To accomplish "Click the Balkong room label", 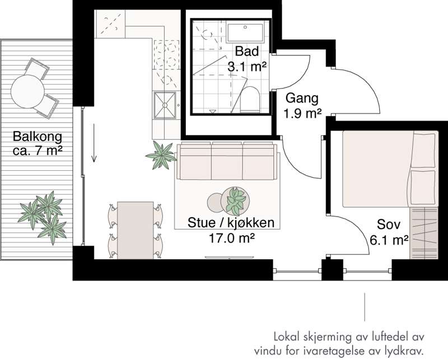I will click(37, 137).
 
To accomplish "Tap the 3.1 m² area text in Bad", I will click(246, 66).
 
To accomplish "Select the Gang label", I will click(302, 99).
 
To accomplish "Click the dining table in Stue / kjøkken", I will click(136, 230).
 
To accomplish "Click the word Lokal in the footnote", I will click(288, 337).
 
